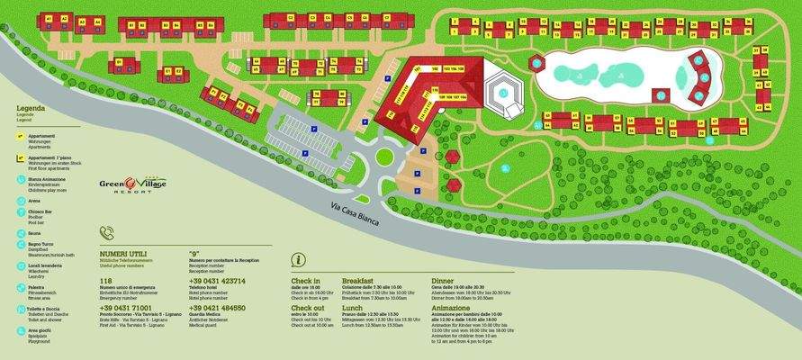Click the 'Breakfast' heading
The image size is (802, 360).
[357, 281]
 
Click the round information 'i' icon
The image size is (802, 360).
[298, 260]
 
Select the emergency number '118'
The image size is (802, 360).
[107, 280]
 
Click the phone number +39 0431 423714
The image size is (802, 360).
[216, 280]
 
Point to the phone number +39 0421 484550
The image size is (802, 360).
[216, 307]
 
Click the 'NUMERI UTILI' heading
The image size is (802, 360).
[123, 255]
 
